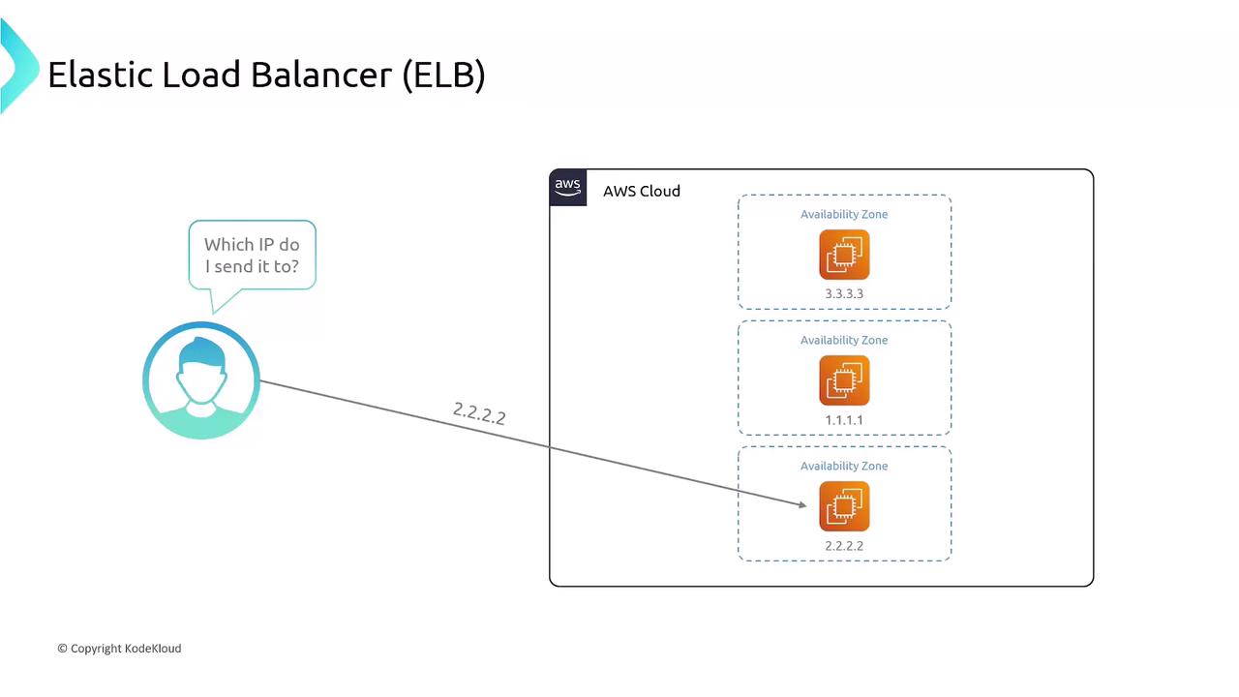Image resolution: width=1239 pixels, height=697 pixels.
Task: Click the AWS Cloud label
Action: pyautogui.click(x=641, y=192)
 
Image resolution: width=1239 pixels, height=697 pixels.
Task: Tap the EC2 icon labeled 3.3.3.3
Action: pyautogui.click(x=844, y=255)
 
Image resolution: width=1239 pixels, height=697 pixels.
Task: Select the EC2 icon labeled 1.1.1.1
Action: pyautogui.click(x=844, y=380)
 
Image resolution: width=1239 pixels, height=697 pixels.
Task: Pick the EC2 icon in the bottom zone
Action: pyautogui.click(x=844, y=506)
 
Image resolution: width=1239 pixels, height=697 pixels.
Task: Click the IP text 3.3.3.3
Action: pyautogui.click(x=844, y=293)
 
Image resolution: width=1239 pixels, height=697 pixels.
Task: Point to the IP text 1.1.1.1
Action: pyautogui.click(x=844, y=420)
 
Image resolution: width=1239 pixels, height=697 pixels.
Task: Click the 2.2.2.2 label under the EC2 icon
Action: pyautogui.click(x=844, y=546)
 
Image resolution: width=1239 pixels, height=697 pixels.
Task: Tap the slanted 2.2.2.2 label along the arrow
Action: pyautogui.click(x=479, y=413)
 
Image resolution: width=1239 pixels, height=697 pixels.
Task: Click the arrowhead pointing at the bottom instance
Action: pyautogui.click(x=801, y=503)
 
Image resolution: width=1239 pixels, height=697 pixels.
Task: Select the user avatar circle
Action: pyautogui.click(x=201, y=380)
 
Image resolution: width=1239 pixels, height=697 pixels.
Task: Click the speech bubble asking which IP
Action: pyautogui.click(x=252, y=255)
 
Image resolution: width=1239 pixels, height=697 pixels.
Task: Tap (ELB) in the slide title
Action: pyautogui.click(x=443, y=75)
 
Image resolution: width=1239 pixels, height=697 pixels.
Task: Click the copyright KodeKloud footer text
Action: pyautogui.click(x=119, y=649)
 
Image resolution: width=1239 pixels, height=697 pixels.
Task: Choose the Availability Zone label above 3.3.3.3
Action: pyautogui.click(x=844, y=215)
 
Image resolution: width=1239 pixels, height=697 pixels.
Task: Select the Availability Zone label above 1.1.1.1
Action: pyautogui.click(x=844, y=341)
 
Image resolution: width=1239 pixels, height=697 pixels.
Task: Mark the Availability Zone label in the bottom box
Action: pyautogui.click(x=844, y=467)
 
